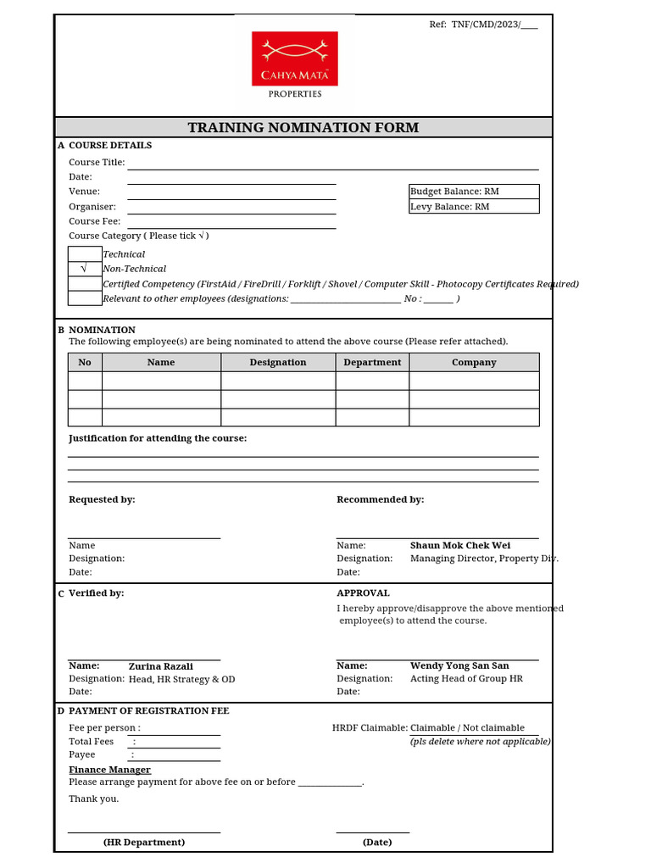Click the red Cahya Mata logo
294,58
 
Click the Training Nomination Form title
303,128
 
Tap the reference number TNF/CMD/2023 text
483,25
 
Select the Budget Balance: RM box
473,192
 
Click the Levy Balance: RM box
473,207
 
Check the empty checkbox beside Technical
84,254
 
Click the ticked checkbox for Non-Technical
84,269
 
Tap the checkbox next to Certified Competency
84,284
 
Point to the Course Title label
97,162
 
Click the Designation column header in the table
278,362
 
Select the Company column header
474,362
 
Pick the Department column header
372,362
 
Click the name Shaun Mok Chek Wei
460,546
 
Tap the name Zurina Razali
161,666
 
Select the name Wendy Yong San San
459,666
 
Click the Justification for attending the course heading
158,438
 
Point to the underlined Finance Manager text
109,770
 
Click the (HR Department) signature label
144,843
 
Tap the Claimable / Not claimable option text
467,727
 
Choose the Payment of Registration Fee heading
148,711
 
